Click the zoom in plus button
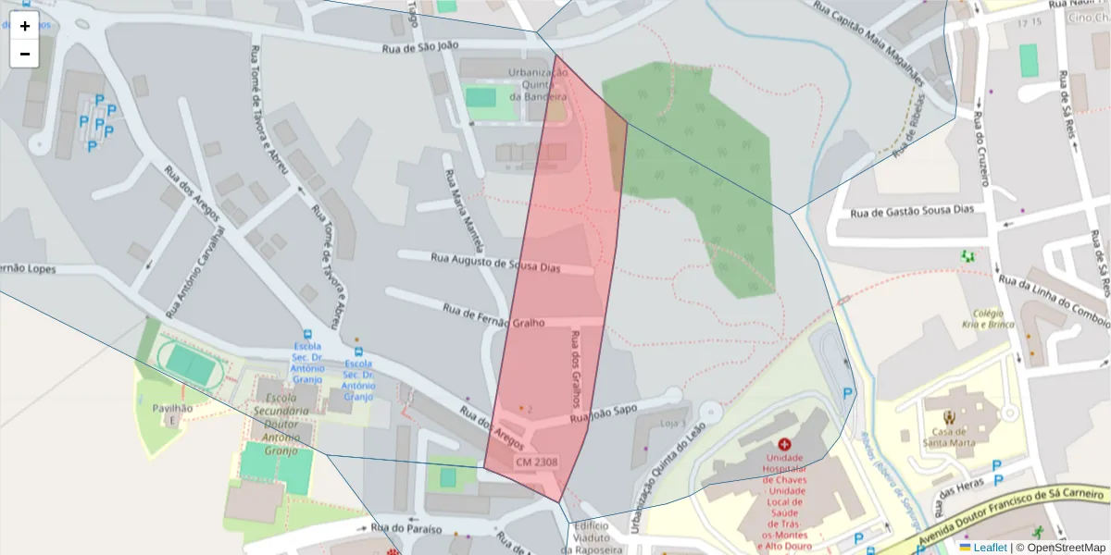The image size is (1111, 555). pyautogui.click(x=25, y=26)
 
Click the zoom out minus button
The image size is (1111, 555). pyautogui.click(x=25, y=54)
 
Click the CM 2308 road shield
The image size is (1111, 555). pyautogui.click(x=537, y=462)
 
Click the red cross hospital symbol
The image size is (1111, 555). pyautogui.click(x=785, y=445)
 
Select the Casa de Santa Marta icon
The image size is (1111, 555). pyautogui.click(x=948, y=418)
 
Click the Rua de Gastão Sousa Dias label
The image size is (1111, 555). pyautogui.click(x=913, y=211)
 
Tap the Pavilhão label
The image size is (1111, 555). pyautogui.click(x=167, y=408)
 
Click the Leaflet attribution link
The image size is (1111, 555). pyautogui.click(x=990, y=548)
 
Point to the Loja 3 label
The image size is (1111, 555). pyautogui.click(x=672, y=424)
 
